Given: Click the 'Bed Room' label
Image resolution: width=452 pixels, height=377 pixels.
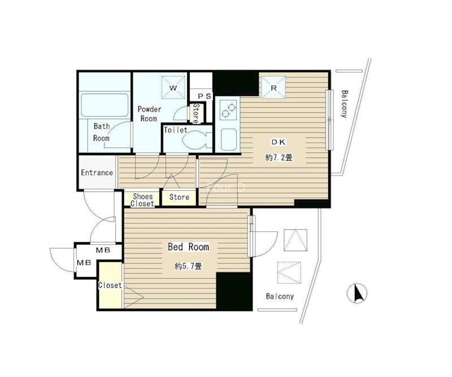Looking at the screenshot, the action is coord(188,247).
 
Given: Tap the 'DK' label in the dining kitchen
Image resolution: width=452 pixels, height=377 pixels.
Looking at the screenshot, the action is coord(278,142).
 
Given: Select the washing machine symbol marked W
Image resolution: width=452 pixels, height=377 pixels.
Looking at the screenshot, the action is coord(173,87).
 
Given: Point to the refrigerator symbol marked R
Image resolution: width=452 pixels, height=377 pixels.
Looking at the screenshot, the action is coord(273,88).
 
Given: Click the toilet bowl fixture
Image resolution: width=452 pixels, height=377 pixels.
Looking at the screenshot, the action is coord(197,140).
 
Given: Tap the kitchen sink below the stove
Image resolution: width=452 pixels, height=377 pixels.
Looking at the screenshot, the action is coord(229,139).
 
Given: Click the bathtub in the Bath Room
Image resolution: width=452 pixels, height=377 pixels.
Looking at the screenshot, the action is coord(105,105).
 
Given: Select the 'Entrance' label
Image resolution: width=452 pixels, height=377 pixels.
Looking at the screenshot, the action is coord(97,173).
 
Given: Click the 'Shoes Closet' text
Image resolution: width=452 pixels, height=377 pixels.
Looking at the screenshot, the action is coord(142,200).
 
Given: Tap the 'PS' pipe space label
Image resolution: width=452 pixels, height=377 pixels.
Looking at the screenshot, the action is coord(205,96).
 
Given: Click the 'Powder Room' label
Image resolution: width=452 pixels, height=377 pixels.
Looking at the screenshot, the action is coord(149,114).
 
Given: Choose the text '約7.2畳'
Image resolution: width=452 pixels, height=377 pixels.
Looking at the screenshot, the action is coord(279,157).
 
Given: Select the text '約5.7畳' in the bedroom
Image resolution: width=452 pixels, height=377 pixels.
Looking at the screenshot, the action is coord(188,266).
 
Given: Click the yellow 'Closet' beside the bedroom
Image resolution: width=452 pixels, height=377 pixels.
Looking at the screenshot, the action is coord(110,285).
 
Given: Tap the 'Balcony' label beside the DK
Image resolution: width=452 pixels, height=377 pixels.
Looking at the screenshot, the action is coord(344,104).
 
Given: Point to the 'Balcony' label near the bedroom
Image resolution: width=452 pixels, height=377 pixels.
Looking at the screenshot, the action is coord(280,296).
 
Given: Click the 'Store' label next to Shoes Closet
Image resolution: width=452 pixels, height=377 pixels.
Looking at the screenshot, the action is coord(179,197).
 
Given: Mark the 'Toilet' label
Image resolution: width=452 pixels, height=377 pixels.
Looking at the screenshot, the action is coord(176,130).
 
